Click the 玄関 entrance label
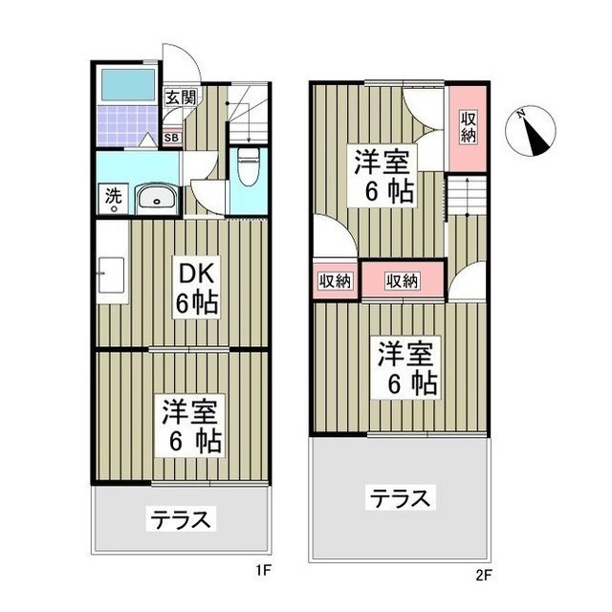coord(180,97)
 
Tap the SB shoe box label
coord(171,138)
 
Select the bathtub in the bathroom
coord(128,85)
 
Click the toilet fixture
coord(248,168)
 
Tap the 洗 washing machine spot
coord(113,197)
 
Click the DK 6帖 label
coord(195,289)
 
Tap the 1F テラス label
coord(179,520)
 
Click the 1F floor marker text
coord(265,574)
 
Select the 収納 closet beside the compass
coord(468,127)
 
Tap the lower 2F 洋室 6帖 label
coord(406,368)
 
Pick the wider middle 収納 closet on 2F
coord(403,280)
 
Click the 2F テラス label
coord(401,497)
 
